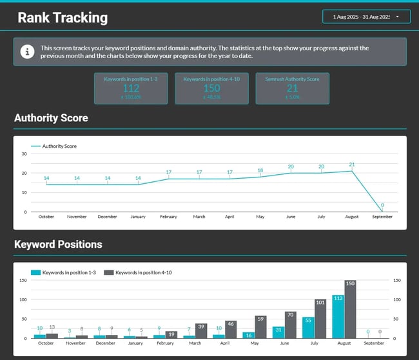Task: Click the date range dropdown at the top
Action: (x=365, y=17)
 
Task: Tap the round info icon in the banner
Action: (x=26, y=52)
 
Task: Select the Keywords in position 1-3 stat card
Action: (x=131, y=88)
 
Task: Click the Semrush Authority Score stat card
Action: (x=292, y=88)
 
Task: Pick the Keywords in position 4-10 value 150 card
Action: (x=211, y=88)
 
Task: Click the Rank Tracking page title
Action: (x=63, y=17)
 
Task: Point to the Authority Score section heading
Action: (x=51, y=118)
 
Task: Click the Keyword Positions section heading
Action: (x=58, y=245)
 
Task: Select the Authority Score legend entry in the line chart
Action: (x=54, y=146)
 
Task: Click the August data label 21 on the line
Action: (x=351, y=165)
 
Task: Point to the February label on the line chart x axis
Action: (x=168, y=217)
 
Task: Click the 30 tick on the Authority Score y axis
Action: (x=24, y=154)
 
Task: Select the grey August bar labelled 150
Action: (x=350, y=310)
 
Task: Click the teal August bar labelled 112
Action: (x=338, y=317)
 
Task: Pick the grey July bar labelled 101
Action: (x=320, y=319)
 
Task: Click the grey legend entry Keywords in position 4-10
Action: (x=139, y=273)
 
